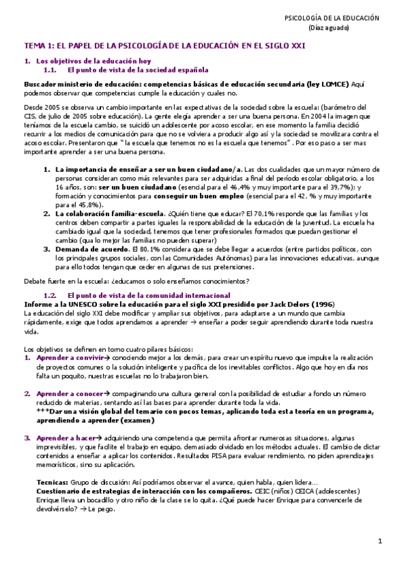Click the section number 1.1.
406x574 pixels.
tap(49, 70)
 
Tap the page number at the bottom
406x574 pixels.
tap(380, 542)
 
